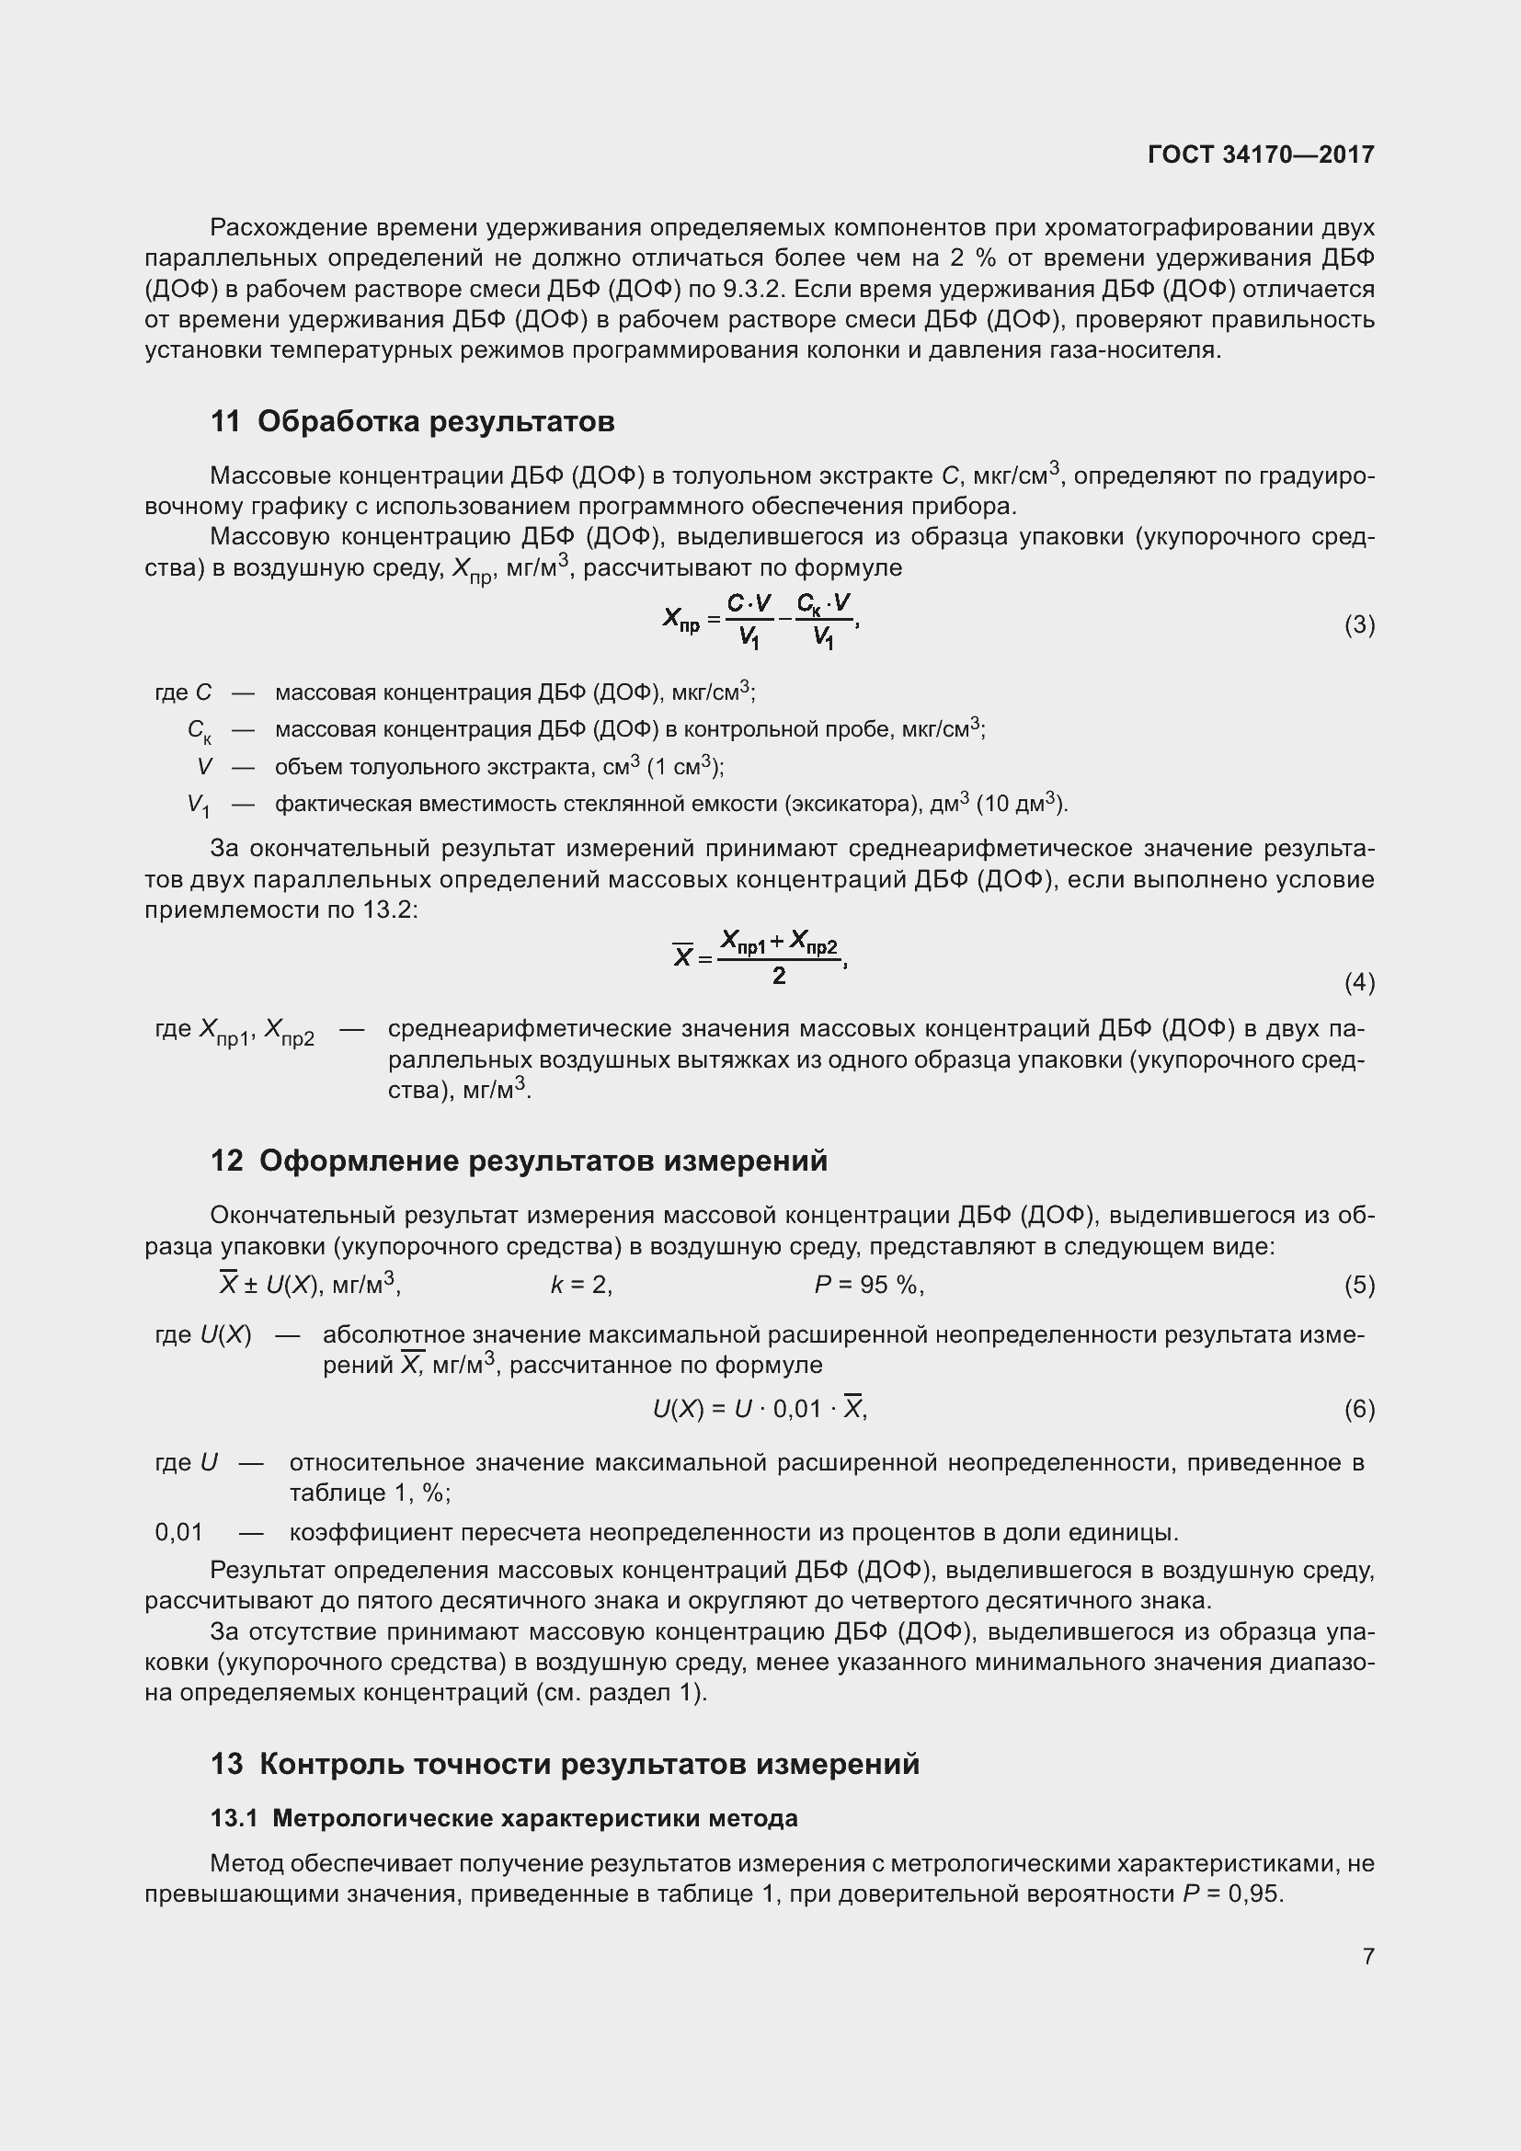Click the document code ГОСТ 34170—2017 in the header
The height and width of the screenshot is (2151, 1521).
point(1261,154)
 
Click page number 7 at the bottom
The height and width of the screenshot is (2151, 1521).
point(1368,1955)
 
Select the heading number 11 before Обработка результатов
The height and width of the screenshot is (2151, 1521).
point(225,421)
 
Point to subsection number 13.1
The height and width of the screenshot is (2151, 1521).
point(234,1818)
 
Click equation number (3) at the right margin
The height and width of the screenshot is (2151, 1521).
point(1359,624)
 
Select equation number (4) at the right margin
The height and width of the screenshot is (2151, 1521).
point(1359,982)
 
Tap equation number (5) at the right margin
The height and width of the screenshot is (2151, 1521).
point(1359,1286)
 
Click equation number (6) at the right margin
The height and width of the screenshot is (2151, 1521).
point(1359,1409)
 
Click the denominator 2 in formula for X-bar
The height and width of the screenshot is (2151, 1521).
point(778,977)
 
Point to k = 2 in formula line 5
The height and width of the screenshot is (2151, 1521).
point(580,1286)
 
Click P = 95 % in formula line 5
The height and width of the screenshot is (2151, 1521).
point(868,1286)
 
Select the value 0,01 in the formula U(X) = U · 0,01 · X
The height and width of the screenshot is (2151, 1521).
point(797,1409)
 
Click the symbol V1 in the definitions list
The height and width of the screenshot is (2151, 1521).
point(199,805)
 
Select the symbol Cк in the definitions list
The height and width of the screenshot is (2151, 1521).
point(199,730)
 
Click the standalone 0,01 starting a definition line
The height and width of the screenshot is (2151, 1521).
point(179,1532)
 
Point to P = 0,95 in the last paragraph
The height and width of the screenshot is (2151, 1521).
point(1231,1894)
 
